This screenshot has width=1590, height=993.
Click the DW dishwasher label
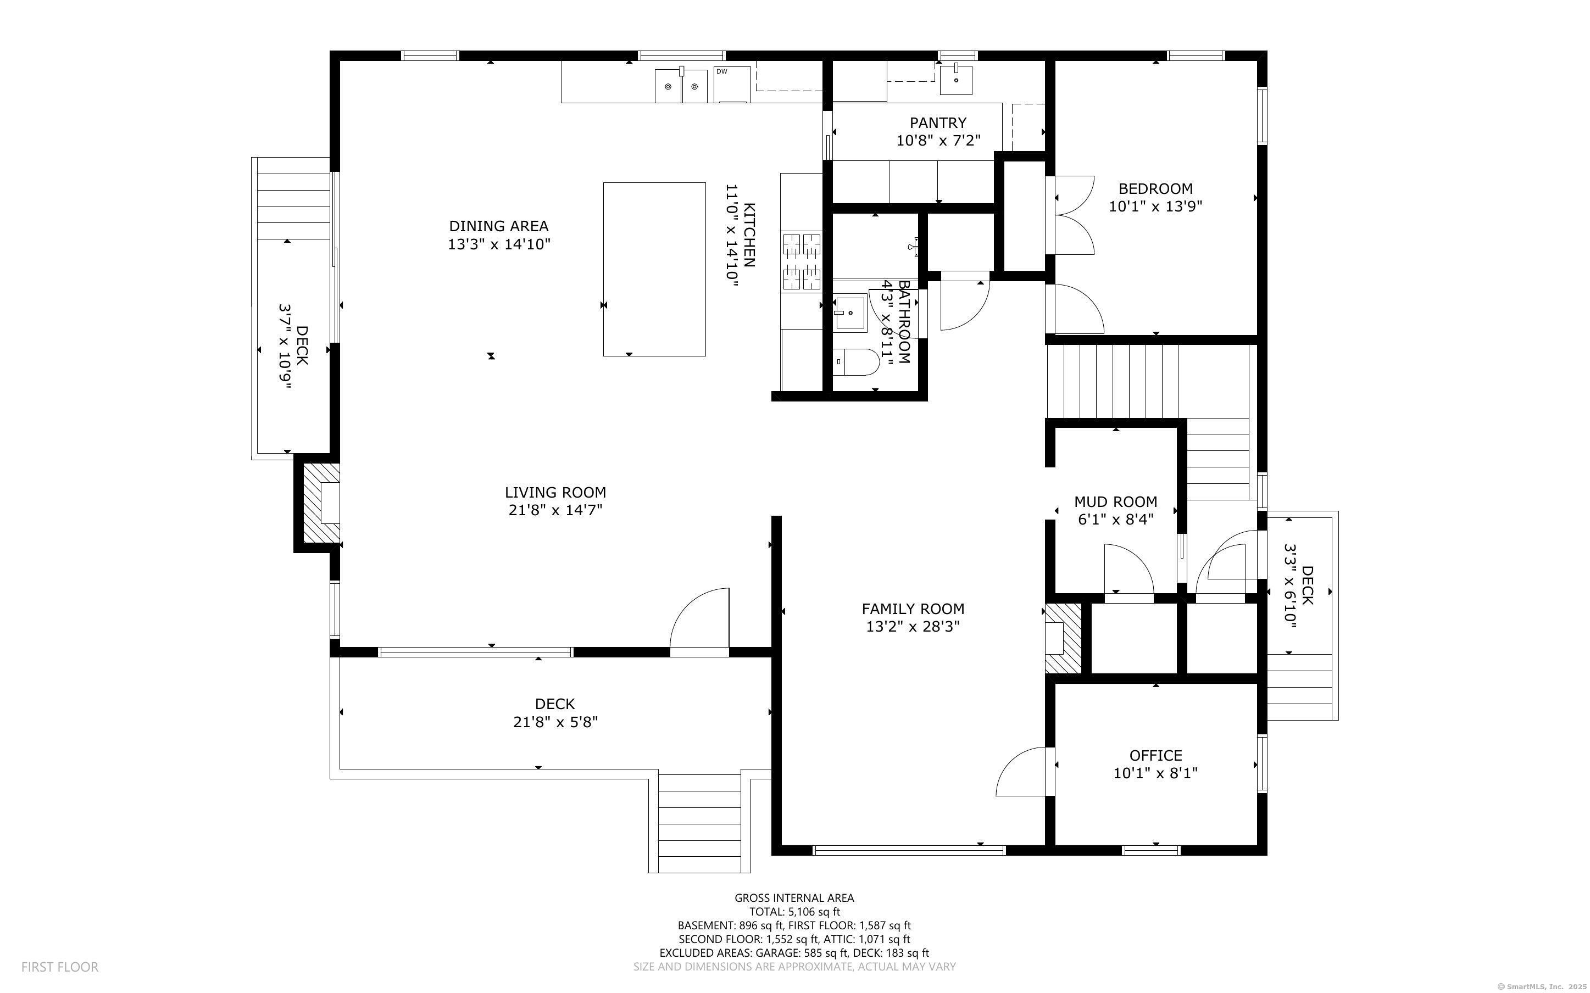pyautogui.click(x=721, y=71)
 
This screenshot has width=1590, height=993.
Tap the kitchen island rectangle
pyautogui.click(x=654, y=269)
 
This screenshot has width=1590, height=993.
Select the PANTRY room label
pyautogui.click(x=938, y=123)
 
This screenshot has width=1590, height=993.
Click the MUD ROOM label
pyautogui.click(x=1115, y=502)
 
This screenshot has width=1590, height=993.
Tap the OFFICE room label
pyautogui.click(x=1155, y=755)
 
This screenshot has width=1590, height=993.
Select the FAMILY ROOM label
pyautogui.click(x=913, y=609)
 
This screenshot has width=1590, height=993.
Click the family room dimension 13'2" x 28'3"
pyautogui.click(x=913, y=627)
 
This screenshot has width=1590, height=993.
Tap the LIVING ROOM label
pyautogui.click(x=555, y=493)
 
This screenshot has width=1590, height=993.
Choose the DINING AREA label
pyautogui.click(x=498, y=226)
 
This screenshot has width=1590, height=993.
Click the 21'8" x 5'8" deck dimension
pyautogui.click(x=555, y=722)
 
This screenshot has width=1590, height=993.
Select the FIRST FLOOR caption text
pyautogui.click(x=60, y=967)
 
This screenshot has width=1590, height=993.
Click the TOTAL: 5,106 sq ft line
pyautogui.click(x=794, y=912)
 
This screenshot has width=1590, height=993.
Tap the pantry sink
pyautogui.click(x=955, y=79)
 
